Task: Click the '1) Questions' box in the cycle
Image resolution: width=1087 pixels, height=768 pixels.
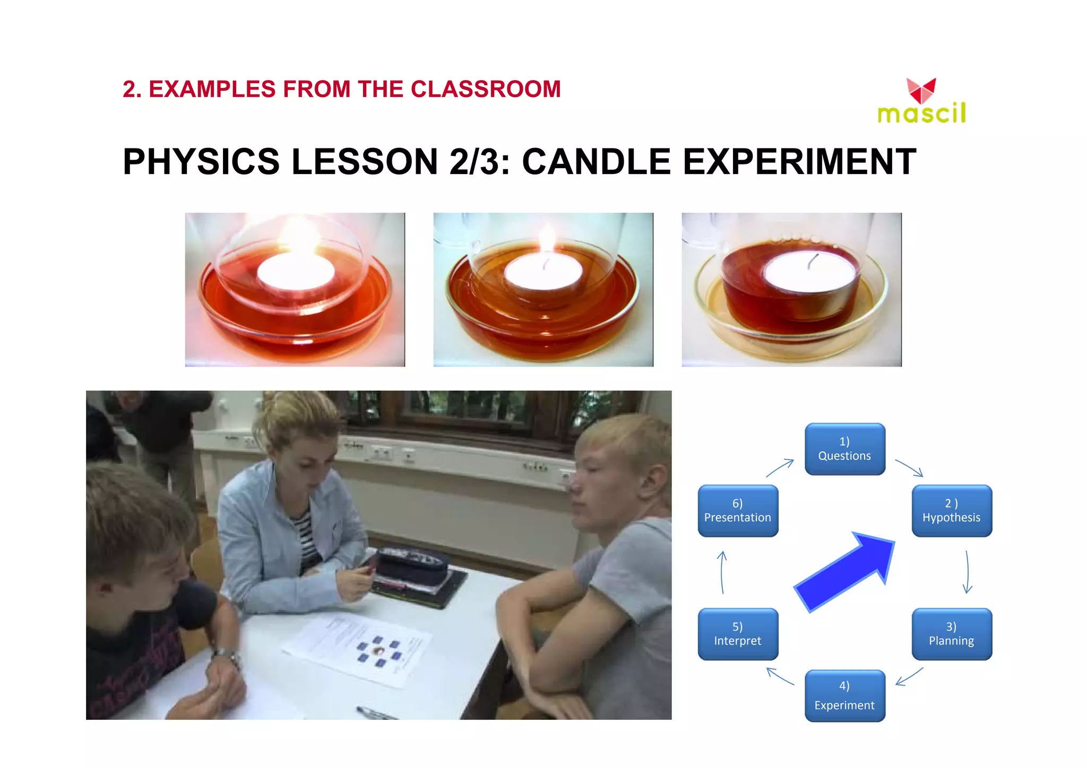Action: tap(844, 449)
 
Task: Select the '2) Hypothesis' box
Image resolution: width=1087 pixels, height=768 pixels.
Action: tap(952, 510)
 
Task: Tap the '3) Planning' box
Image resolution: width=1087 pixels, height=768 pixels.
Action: tap(952, 634)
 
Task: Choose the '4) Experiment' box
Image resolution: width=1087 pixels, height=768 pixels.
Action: tap(844, 695)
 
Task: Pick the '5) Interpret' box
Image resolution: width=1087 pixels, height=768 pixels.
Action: tap(738, 634)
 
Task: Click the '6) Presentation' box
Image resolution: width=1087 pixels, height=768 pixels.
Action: tap(738, 510)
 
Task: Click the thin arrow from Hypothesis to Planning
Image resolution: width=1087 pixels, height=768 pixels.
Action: tap(967, 572)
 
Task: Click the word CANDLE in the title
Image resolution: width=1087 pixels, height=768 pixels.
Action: tap(596, 162)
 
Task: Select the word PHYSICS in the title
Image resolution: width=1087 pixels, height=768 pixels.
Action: tap(201, 162)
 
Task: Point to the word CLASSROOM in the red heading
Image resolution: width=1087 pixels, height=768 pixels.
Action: tap(486, 89)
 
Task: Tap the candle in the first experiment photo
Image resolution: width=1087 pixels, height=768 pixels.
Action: tap(296, 271)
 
